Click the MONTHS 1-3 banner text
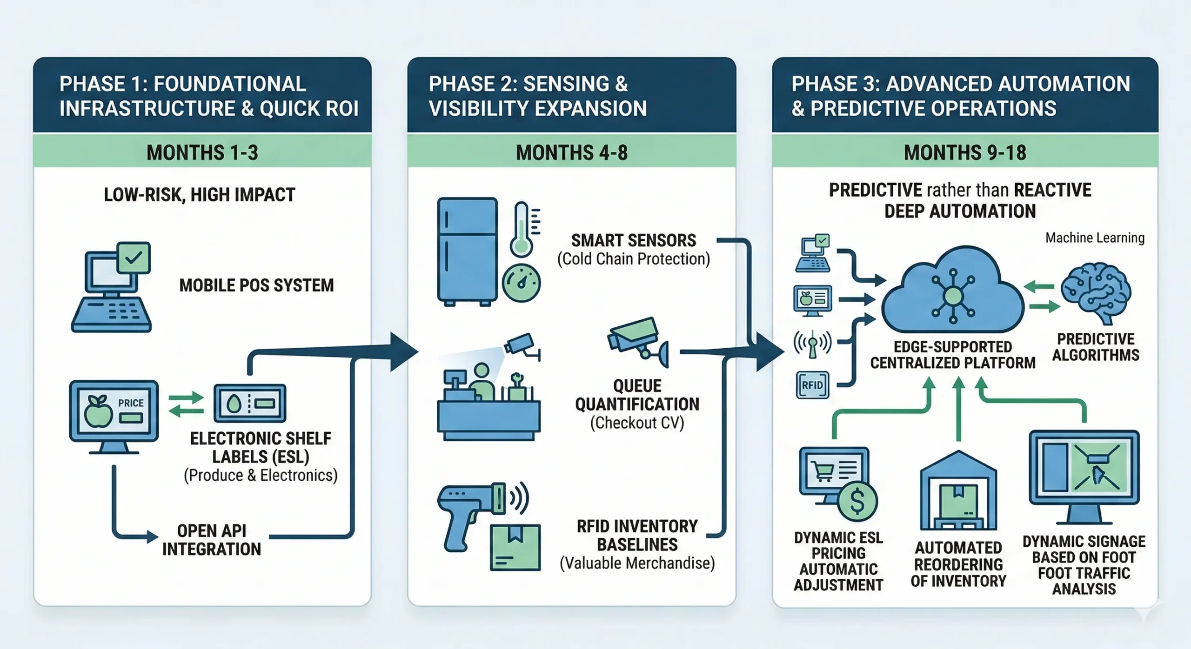[202, 152]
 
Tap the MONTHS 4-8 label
[571, 152]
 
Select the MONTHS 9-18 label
[964, 152]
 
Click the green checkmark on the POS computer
[134, 257]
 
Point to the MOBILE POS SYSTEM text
[256, 285]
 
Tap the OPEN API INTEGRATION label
[211, 540]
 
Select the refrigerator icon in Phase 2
[467, 251]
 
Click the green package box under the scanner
[515, 547]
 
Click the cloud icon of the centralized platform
[953, 293]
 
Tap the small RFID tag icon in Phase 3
[812, 385]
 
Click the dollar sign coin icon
[857, 502]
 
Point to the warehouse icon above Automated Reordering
[958, 493]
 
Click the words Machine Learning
[1095, 238]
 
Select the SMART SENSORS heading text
[633, 240]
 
